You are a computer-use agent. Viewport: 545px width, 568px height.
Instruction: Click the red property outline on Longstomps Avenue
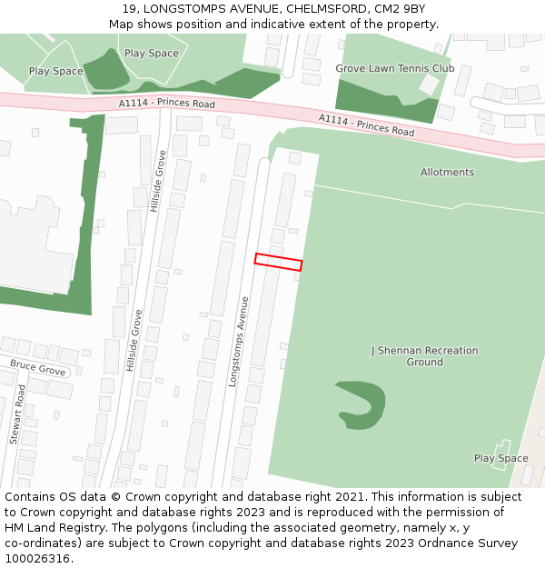click(278, 262)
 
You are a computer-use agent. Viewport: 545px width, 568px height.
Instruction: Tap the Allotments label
click(447, 173)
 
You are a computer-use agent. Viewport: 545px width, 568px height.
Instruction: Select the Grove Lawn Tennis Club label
click(394, 68)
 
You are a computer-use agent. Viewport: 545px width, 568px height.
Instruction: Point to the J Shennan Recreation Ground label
click(424, 356)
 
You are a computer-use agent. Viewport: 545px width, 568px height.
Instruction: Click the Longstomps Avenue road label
click(239, 342)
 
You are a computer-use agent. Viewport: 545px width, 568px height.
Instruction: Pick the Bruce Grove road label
click(37, 371)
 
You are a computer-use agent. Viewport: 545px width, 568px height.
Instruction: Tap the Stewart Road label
click(18, 414)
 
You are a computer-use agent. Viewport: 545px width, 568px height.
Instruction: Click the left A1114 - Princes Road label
click(166, 105)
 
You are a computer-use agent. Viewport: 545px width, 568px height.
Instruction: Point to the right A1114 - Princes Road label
click(366, 126)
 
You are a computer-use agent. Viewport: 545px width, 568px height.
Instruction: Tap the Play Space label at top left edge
click(55, 71)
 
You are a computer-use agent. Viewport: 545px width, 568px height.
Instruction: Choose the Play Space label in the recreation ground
click(500, 458)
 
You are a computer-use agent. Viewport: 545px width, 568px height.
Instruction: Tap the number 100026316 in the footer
click(37, 559)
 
